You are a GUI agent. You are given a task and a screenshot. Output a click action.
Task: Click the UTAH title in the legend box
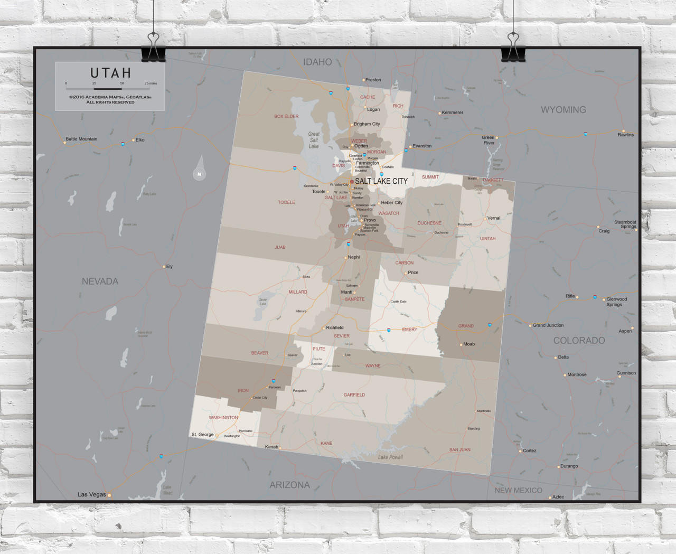pos(110,73)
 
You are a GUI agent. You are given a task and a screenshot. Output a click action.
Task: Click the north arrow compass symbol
pos(199,169)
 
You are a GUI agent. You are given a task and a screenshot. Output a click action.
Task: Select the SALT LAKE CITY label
pos(381,181)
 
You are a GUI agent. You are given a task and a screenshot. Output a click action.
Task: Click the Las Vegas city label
pos(92,494)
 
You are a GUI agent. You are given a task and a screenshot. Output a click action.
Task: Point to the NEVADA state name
pos(100,281)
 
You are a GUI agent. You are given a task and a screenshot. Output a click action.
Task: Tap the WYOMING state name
pos(563,110)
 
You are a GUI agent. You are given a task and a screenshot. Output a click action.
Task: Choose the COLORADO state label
pos(579,341)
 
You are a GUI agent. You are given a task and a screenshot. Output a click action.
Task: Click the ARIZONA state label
pos(289,485)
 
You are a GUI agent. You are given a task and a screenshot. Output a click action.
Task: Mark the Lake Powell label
pos(390,457)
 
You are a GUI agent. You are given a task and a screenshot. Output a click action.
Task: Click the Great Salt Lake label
pos(314,140)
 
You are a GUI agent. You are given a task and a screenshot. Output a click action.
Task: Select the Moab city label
pos(469,344)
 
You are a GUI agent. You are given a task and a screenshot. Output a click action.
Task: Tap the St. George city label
pos(202,435)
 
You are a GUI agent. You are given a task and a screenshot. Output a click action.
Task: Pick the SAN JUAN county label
pos(459,450)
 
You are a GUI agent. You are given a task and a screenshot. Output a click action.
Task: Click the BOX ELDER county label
pos(286,116)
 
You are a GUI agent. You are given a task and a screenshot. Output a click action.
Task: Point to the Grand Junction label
pos(548,325)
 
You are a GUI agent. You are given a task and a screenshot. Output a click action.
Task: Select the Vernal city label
pos(493,218)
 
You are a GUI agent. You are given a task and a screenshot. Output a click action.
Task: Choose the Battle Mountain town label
pos(81,139)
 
